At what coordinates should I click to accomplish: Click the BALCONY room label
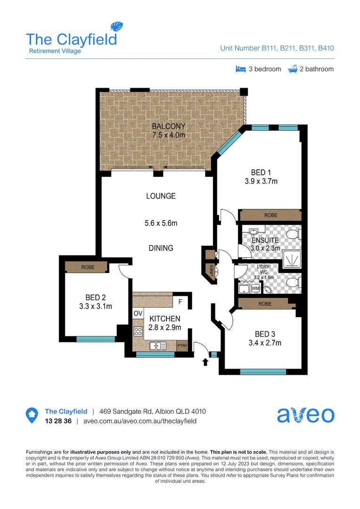(169, 126)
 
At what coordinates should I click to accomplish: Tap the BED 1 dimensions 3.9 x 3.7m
(261, 181)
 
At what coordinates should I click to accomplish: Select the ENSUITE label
(265, 240)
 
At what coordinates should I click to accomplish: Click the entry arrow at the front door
(205, 361)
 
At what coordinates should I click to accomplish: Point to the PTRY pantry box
(182, 346)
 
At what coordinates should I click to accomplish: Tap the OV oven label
(138, 313)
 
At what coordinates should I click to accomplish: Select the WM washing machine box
(255, 288)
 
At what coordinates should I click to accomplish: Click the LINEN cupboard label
(212, 272)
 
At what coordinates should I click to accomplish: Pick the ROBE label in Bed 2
(88, 267)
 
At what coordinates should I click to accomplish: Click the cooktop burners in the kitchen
(138, 332)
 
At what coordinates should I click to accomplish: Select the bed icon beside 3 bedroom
(241, 69)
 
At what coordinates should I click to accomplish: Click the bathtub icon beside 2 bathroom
(293, 69)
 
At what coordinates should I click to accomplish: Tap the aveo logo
(306, 415)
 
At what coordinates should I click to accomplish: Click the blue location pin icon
(32, 415)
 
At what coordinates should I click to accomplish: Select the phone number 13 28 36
(58, 421)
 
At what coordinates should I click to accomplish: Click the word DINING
(161, 248)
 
